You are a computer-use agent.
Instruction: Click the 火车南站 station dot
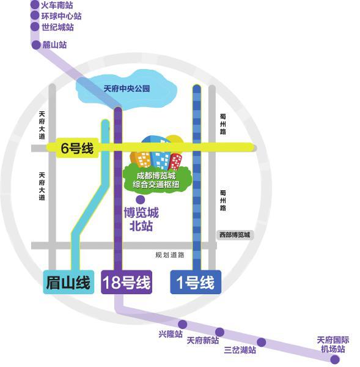pyautogui.click(x=35, y=5)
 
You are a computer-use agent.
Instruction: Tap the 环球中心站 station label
pyautogui.click(x=61, y=16)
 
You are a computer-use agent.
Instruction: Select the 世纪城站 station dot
pyautogui.click(x=35, y=27)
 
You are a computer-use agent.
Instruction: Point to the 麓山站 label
pyautogui.click(x=54, y=45)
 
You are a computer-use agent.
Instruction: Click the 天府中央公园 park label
pyautogui.click(x=127, y=89)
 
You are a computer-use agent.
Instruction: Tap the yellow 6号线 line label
pyautogui.click(x=77, y=147)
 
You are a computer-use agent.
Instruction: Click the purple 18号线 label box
pyautogui.click(x=127, y=283)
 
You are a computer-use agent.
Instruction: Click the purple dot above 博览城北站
pyautogui.click(x=141, y=199)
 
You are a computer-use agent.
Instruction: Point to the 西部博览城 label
pyautogui.click(x=235, y=234)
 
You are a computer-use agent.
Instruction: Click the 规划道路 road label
pyautogui.click(x=170, y=254)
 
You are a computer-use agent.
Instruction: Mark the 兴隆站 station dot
pyautogui.click(x=182, y=324)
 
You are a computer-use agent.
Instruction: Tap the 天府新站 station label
pyautogui.click(x=203, y=341)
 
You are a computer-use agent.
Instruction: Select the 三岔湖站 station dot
pyautogui.click(x=262, y=342)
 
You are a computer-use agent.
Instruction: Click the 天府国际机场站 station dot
pyautogui.click(x=335, y=359)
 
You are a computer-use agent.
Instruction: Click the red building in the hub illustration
pyautogui.click(x=176, y=161)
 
